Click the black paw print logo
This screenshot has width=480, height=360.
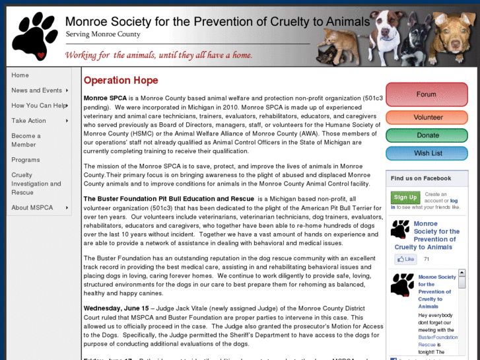point(34,36)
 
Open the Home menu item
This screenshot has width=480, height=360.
point(20,75)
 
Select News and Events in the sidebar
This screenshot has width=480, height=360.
point(36,90)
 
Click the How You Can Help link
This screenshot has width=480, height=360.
point(38,106)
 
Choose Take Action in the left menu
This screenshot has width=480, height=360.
point(28,121)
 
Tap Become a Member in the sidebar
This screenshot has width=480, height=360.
point(26,140)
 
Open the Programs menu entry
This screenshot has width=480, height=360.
point(26,160)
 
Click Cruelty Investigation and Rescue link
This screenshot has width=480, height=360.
point(36,184)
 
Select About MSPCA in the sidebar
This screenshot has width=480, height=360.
point(32,208)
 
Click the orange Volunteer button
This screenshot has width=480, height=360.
point(427,117)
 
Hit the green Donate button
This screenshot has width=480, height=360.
point(427,135)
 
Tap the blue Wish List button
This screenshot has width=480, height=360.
point(427,153)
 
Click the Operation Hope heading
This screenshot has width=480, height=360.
point(121,81)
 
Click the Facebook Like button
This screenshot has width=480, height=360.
point(405,260)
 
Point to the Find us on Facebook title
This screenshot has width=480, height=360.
point(421,178)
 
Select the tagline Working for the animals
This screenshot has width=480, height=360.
point(158,55)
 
